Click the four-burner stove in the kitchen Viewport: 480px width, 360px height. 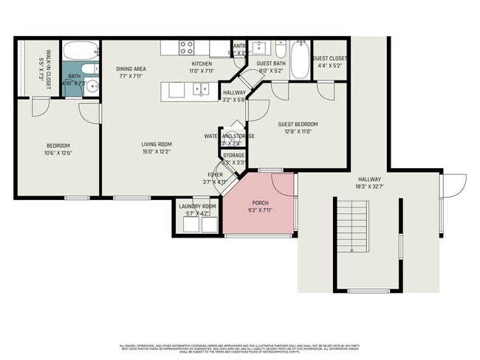[186, 49]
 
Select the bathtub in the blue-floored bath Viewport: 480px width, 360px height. [78, 51]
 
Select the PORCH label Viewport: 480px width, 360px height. [261, 203]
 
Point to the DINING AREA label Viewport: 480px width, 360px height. [131, 69]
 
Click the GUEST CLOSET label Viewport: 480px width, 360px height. [329, 58]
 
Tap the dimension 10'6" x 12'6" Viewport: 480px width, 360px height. [58, 153]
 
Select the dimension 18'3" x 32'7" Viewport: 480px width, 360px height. [369, 187]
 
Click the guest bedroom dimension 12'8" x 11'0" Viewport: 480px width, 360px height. [298, 131]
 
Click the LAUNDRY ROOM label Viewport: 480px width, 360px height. [198, 206]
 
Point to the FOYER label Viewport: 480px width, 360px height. [215, 174]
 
